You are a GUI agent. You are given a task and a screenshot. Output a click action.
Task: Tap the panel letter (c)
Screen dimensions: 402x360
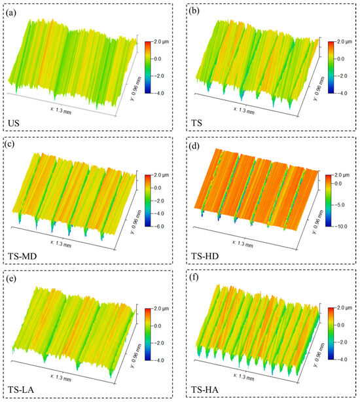pyautogui.click(x=14, y=145)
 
